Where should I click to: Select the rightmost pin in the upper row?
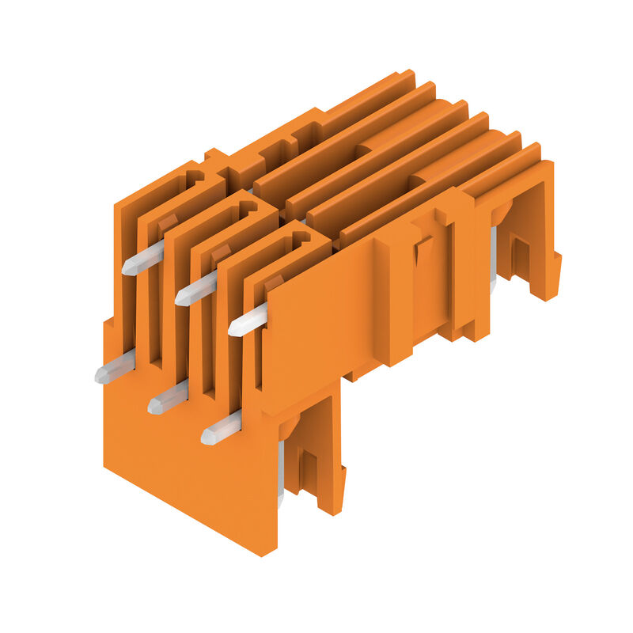pos(248,320)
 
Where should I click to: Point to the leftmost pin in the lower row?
pos(114,369)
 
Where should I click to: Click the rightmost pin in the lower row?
pos(221,429)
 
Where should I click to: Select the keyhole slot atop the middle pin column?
pos(247,208)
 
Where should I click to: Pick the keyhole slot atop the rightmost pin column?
pos(300,238)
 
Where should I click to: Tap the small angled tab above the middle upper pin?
pos(221,254)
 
